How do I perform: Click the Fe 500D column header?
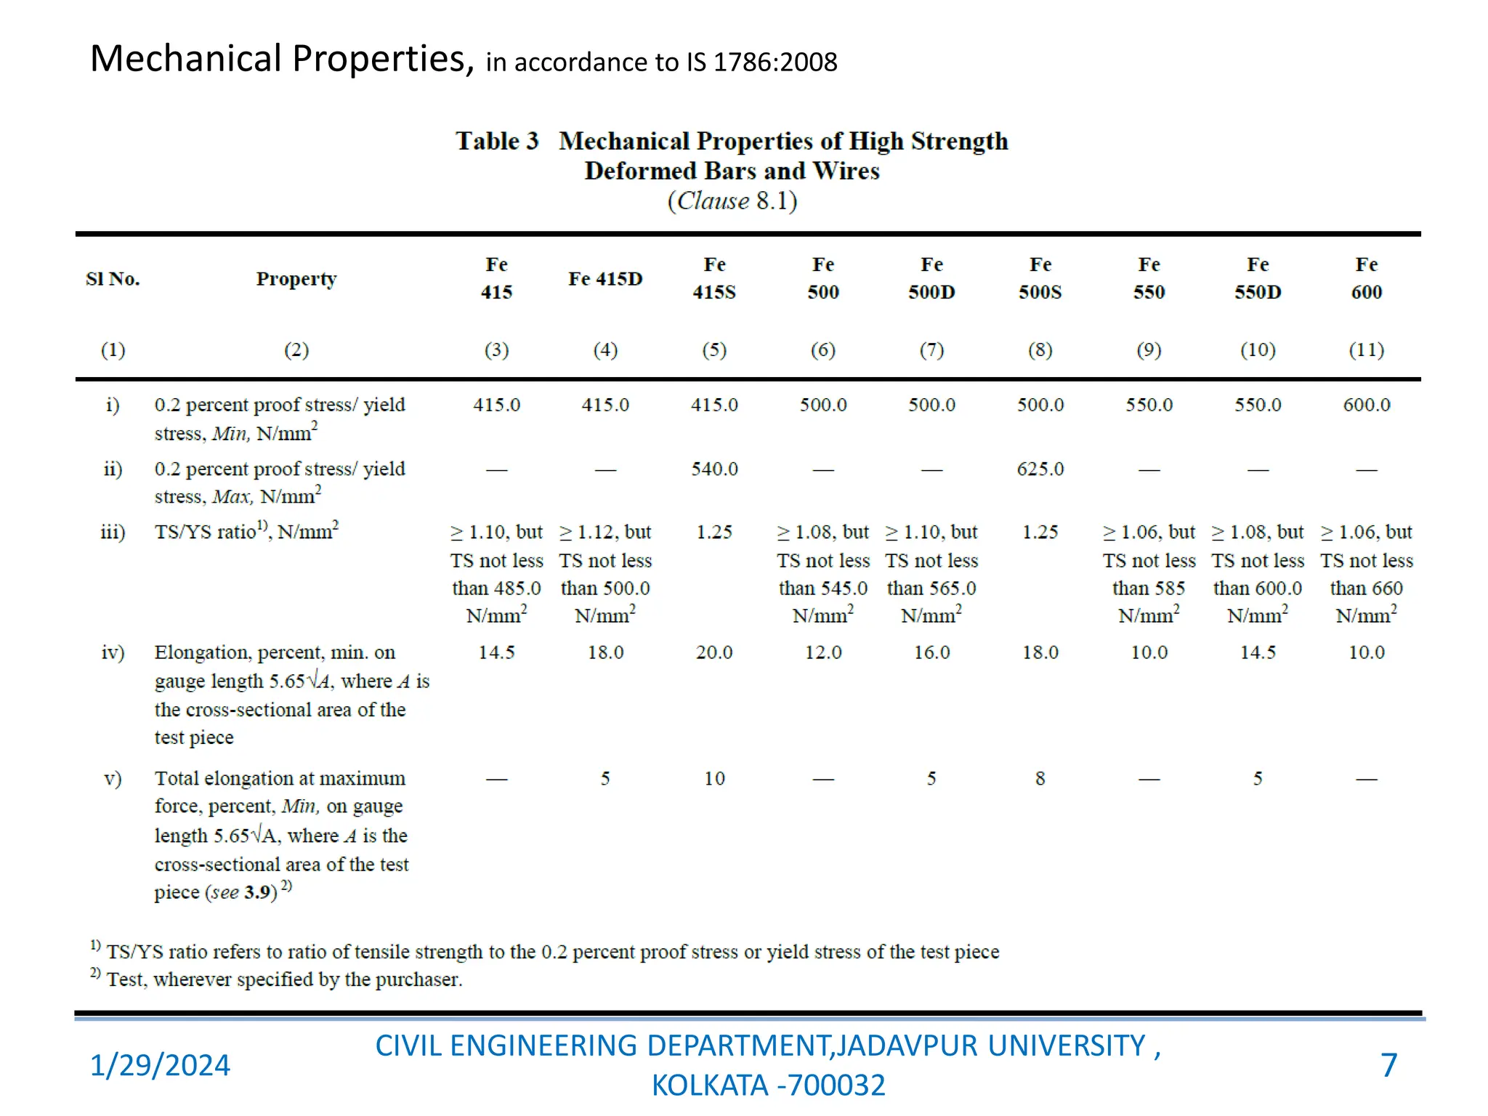(931, 278)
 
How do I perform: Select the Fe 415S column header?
(714, 278)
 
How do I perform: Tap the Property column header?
(296, 279)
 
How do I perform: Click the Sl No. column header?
(113, 279)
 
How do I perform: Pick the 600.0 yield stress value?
(1366, 405)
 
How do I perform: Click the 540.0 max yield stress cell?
(714, 469)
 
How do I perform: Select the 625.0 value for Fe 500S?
(1040, 469)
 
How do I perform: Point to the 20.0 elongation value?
(714, 652)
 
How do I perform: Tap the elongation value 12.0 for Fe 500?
(823, 652)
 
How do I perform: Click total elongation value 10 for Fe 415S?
(714, 779)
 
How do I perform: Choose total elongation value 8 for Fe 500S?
(1040, 779)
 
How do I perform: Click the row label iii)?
(113, 533)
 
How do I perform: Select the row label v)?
(113, 779)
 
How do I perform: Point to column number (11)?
(1366, 350)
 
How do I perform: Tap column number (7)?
(931, 350)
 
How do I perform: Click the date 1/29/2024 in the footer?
(160, 1065)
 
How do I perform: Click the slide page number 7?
(1388, 1065)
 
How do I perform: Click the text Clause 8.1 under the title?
(732, 201)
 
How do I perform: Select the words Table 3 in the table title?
(497, 141)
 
